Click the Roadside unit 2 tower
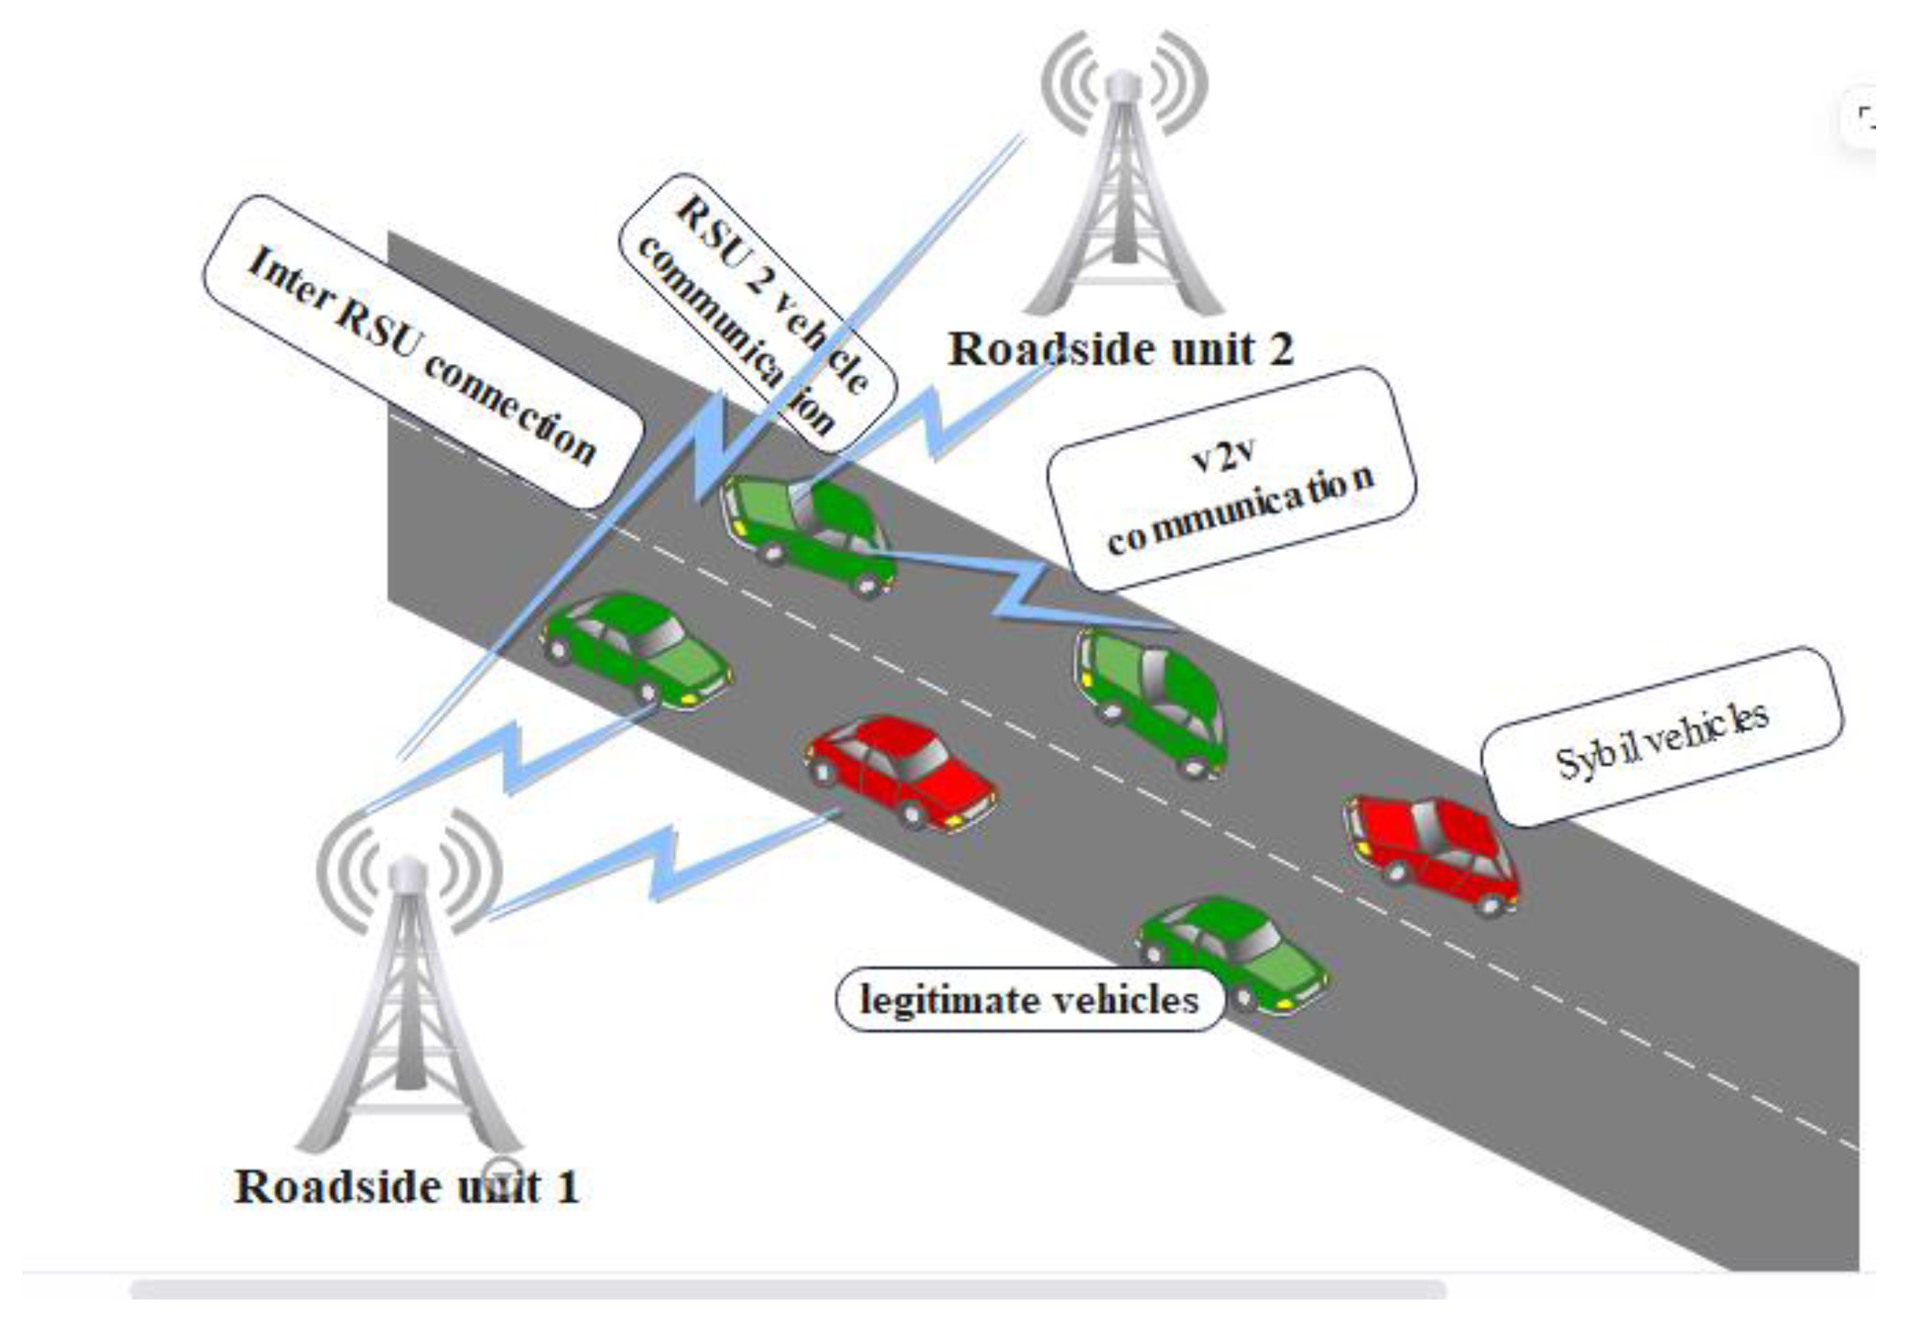pos(1122,207)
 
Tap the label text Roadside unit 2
pos(1120,349)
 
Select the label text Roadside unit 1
pos(406,1187)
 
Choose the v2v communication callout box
pos(1231,480)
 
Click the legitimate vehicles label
pos(1029,1000)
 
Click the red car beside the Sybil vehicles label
pos(1431,853)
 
